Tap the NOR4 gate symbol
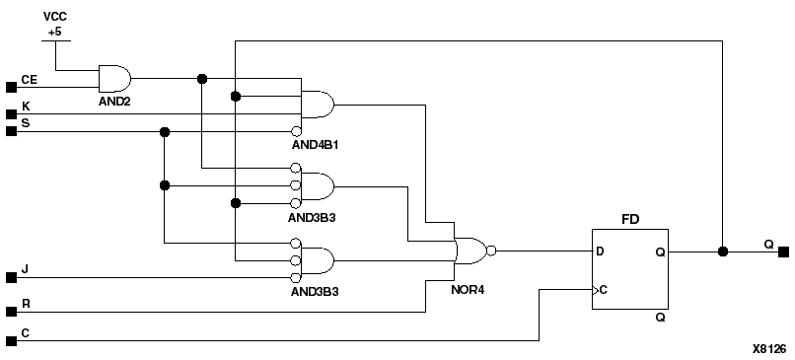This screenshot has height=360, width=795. point(470,251)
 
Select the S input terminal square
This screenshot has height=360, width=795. point(11,130)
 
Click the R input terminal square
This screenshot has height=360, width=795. point(11,312)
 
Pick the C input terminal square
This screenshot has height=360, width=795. point(11,340)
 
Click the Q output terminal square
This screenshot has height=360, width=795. point(783,251)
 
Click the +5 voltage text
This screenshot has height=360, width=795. point(55,33)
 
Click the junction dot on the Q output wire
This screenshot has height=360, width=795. point(723,251)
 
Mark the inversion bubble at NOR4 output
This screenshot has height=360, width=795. point(492,251)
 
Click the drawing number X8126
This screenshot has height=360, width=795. point(769,348)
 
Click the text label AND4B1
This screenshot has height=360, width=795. point(316,144)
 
